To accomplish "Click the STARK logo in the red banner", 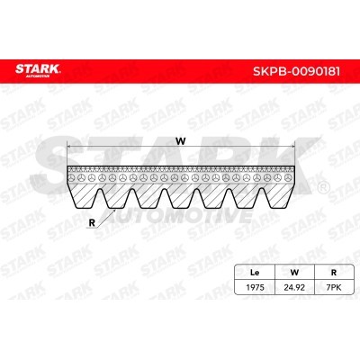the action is point(38,70).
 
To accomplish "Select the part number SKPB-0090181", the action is point(297,71).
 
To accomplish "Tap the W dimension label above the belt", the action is point(181,140).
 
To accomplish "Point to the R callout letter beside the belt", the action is point(92,222).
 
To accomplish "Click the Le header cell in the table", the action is point(255,273).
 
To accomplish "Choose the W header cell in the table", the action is point(294,273).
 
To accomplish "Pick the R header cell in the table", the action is point(333,273).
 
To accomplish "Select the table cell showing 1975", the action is point(255,287).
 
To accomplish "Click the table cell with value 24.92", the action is point(294,287).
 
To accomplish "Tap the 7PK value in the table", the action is point(333,287).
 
